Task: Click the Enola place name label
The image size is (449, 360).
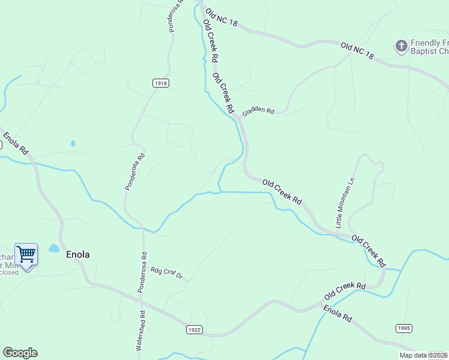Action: pyautogui.click(x=77, y=254)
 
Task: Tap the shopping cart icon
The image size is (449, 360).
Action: pyautogui.click(x=26, y=253)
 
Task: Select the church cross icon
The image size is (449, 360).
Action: pyautogui.click(x=401, y=45)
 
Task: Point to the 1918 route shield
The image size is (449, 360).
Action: pyautogui.click(x=160, y=83)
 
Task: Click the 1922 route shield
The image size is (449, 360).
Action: pyautogui.click(x=194, y=330)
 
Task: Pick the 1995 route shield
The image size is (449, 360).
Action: pyautogui.click(x=404, y=328)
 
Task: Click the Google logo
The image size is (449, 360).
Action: pyautogui.click(x=20, y=353)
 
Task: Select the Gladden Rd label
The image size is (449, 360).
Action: pyautogui.click(x=258, y=110)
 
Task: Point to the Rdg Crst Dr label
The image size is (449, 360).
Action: pyautogui.click(x=166, y=274)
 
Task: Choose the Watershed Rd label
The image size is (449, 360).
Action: pyautogui.click(x=142, y=330)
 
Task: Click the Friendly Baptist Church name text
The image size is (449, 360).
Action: pyautogui.click(x=429, y=47)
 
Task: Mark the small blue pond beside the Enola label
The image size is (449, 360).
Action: pyautogui.click(x=54, y=248)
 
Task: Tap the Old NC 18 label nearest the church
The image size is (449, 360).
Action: pyautogui.click(x=357, y=50)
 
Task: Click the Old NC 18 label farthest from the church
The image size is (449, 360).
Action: pyautogui.click(x=221, y=17)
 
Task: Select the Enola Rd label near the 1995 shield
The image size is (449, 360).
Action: pyautogui.click(x=337, y=314)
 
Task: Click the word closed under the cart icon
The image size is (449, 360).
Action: pyautogui.click(x=9, y=272)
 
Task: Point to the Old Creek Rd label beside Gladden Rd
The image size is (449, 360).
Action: pyautogui.click(x=223, y=93)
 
